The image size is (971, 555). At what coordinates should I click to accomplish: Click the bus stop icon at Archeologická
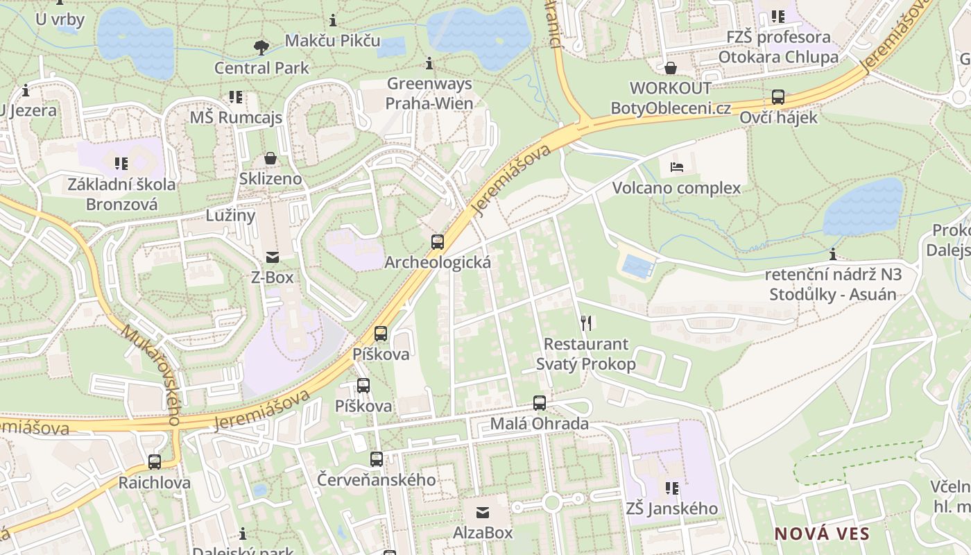[438, 242]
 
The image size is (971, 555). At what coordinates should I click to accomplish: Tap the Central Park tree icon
[261, 47]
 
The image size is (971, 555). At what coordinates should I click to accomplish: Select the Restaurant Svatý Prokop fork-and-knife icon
[586, 323]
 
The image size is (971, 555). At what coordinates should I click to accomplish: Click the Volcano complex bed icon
[677, 167]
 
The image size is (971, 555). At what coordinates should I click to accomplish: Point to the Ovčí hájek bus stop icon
[778, 97]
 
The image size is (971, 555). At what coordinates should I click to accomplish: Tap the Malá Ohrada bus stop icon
[540, 403]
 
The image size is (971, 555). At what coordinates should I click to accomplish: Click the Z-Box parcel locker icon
[272, 257]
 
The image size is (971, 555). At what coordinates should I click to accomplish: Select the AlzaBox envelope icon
[483, 513]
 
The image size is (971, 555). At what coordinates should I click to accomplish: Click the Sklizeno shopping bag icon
[270, 159]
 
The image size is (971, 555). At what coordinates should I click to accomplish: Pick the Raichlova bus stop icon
[155, 462]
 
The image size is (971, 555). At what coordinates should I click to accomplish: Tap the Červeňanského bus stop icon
[377, 459]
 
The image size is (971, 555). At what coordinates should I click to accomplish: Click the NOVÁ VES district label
[822, 534]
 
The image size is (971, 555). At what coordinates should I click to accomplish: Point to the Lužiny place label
[231, 215]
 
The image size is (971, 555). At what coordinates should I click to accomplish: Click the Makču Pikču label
[333, 40]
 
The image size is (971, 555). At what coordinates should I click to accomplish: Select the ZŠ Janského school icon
[671, 488]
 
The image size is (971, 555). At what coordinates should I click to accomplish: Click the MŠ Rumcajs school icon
[236, 97]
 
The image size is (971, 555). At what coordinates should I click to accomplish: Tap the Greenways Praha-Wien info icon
[429, 64]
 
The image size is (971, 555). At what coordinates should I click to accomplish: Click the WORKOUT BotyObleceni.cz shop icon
[671, 68]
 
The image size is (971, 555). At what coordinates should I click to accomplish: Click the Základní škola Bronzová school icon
[121, 164]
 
